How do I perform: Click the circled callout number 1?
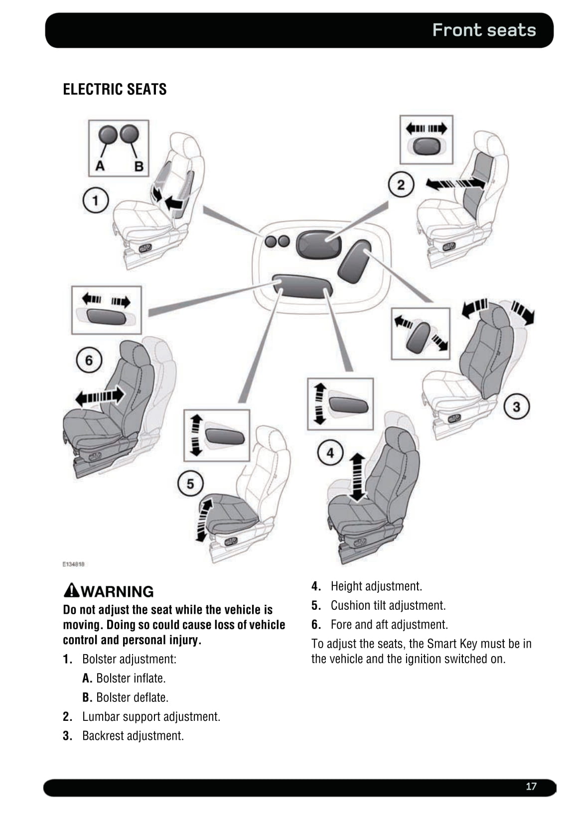pyautogui.click(x=95, y=201)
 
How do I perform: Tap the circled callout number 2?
pyautogui.click(x=401, y=185)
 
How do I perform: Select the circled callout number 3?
pyautogui.click(x=516, y=407)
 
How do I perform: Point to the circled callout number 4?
pyautogui.click(x=330, y=453)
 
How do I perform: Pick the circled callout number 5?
pyautogui.click(x=190, y=483)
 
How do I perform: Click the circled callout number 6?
pyautogui.click(x=89, y=360)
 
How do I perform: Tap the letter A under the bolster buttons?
pyautogui.click(x=100, y=166)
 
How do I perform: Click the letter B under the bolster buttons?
pyautogui.click(x=139, y=166)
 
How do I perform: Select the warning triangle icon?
pyautogui.click(x=72, y=590)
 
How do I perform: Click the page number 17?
pyautogui.click(x=531, y=786)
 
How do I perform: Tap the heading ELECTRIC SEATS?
pyautogui.click(x=115, y=89)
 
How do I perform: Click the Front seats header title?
pyautogui.click(x=484, y=30)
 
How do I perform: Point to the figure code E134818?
pyautogui.click(x=73, y=564)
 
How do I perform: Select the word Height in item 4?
pyautogui.click(x=346, y=586)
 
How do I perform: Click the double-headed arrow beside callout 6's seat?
pyautogui.click(x=99, y=397)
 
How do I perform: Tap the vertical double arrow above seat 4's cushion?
pyautogui.click(x=357, y=477)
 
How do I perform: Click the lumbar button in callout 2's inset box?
pyautogui.click(x=427, y=147)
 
